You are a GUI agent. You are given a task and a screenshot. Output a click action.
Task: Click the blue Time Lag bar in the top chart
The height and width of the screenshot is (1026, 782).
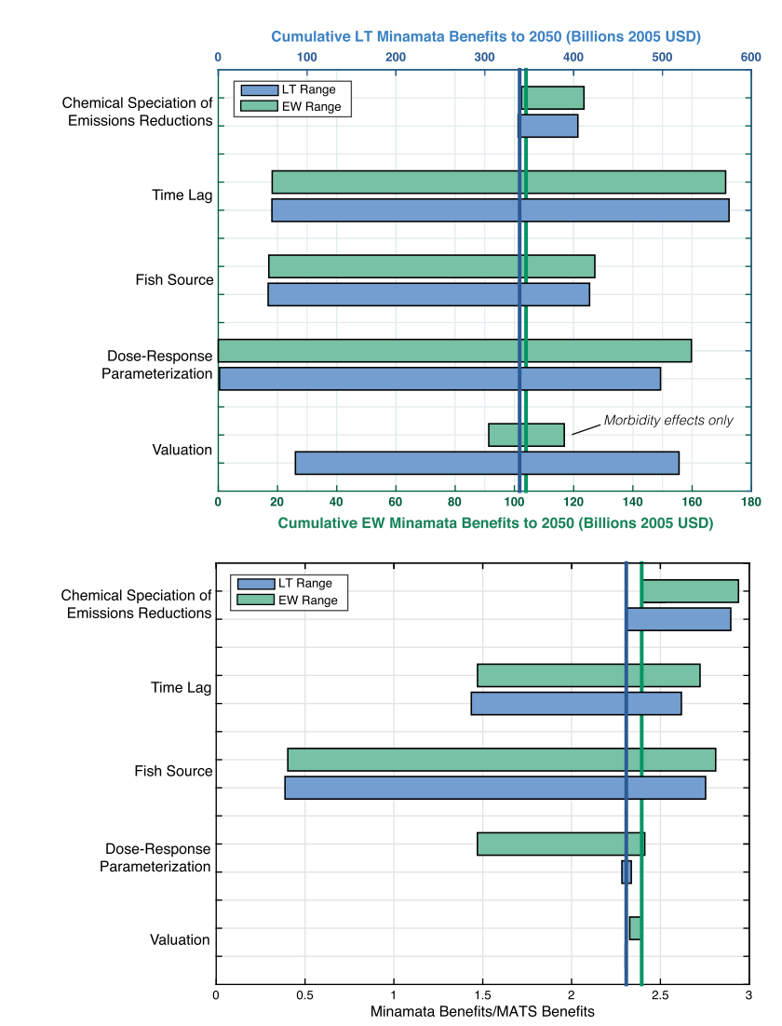[x=500, y=210]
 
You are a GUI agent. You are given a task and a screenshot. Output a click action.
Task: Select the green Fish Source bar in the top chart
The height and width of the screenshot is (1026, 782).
[x=431, y=266]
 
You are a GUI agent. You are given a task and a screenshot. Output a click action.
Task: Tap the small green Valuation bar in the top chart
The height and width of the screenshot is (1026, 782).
[x=526, y=435]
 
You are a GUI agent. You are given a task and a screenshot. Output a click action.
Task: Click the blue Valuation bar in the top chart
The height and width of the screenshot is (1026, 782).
[x=487, y=463]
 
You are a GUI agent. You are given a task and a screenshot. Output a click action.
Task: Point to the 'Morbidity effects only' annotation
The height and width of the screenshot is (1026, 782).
[x=667, y=421]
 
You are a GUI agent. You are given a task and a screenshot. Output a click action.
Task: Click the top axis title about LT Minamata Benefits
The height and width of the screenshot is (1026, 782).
[x=485, y=37]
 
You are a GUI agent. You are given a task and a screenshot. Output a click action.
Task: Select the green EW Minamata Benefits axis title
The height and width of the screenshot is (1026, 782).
[x=495, y=523]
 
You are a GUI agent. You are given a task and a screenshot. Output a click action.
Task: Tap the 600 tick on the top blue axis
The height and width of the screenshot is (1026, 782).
[x=750, y=57]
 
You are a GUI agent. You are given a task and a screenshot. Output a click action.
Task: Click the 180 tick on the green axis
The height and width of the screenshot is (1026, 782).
[x=750, y=502]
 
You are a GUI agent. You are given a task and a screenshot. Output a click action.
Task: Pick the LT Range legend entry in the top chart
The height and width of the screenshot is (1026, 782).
[x=289, y=90]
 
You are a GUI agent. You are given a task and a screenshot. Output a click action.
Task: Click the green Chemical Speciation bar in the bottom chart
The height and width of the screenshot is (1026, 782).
[x=690, y=591]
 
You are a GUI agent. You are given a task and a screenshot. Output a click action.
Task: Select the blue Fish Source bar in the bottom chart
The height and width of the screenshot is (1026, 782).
[x=495, y=788]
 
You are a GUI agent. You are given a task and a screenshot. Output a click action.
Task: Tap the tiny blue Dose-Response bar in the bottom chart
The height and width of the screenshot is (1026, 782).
[x=627, y=871]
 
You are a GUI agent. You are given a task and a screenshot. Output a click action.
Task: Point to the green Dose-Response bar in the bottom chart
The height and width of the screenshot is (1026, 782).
[x=560, y=844]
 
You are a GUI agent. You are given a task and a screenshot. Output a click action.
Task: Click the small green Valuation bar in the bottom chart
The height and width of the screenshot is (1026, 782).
[x=635, y=928]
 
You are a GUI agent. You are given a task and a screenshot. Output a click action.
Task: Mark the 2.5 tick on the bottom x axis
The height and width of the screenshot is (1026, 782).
[x=660, y=995]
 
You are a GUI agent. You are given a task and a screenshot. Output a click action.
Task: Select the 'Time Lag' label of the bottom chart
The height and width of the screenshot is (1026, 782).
[x=181, y=688]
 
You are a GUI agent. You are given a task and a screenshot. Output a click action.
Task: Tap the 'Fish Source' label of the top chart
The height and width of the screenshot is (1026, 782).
[x=174, y=279]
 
